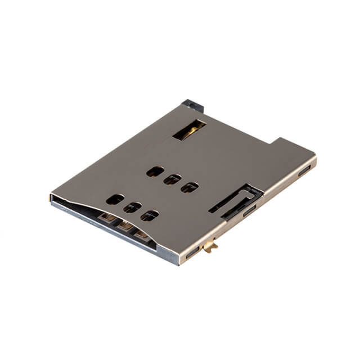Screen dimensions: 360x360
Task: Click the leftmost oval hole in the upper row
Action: (155, 172)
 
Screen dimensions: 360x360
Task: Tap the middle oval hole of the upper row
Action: (172, 179)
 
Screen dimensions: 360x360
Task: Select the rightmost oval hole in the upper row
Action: (189, 187)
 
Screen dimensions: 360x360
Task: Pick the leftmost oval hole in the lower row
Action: (115, 199)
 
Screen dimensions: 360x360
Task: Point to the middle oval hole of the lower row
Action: (132, 208)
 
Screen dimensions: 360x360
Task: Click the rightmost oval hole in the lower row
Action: (149, 215)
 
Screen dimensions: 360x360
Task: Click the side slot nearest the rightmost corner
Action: (304, 170)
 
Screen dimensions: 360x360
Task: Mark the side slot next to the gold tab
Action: (192, 253)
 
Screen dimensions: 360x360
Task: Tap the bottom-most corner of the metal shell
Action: (179, 263)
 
